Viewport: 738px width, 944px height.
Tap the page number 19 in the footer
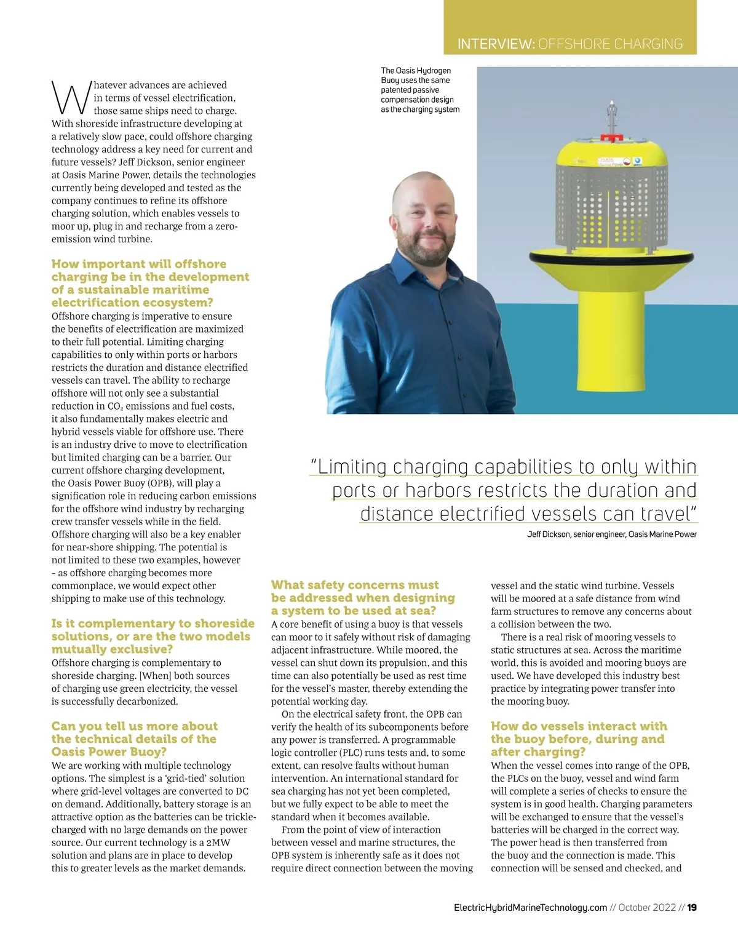tap(692, 908)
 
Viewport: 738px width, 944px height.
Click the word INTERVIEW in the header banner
tap(496, 44)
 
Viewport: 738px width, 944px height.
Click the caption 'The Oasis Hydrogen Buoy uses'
tap(419, 90)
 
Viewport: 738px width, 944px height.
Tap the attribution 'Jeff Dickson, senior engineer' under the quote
tap(611, 534)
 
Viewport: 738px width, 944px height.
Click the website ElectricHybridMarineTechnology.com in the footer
tap(530, 908)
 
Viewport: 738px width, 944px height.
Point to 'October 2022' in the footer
tap(647, 908)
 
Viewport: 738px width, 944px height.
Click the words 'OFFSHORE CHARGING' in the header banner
tap(610, 44)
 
